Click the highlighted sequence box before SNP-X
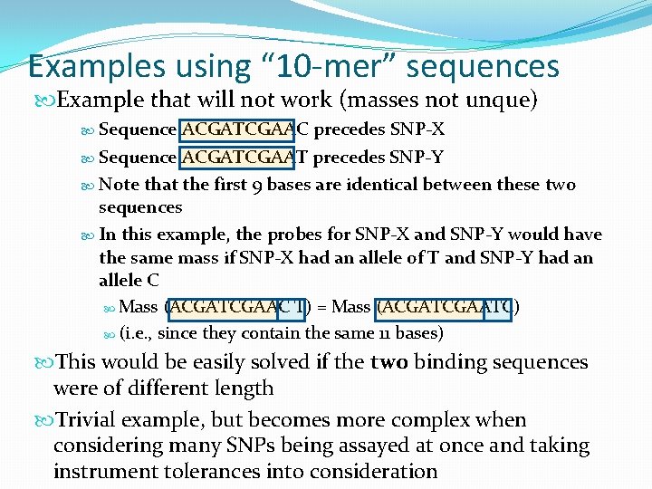pos(239,129)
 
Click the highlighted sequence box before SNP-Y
pos(239,158)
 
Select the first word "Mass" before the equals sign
pos(138,307)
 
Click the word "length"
pos(244,388)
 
